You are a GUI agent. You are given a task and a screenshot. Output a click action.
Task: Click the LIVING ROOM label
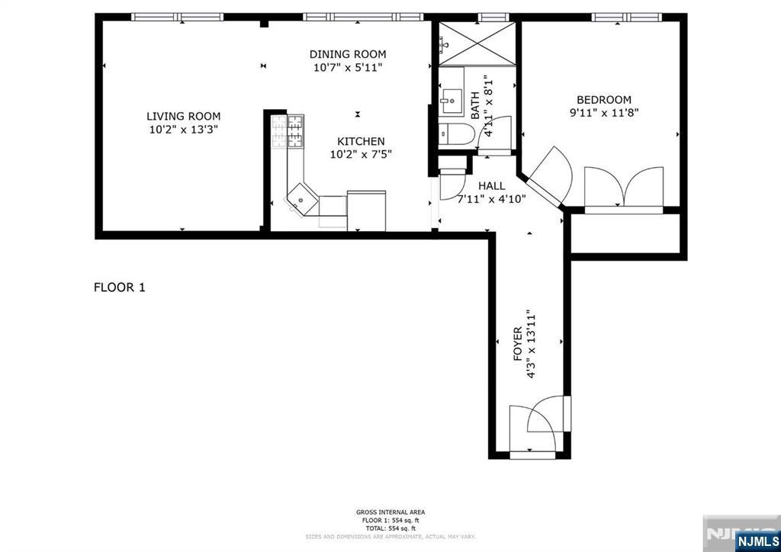183,117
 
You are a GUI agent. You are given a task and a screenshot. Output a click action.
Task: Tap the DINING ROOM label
348,54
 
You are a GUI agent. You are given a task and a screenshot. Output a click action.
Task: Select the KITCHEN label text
361,141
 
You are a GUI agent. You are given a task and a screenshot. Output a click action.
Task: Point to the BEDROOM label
604,100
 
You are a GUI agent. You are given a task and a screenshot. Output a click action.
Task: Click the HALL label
492,186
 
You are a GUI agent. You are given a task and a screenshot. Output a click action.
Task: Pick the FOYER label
518,344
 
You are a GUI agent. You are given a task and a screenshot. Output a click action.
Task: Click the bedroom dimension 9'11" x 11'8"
604,113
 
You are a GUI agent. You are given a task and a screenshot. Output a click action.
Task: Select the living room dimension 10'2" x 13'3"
184,130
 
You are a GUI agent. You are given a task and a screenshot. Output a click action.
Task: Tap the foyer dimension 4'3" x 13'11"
531,343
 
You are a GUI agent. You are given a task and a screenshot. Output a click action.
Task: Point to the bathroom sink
452,101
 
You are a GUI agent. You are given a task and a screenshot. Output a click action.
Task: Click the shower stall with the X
477,43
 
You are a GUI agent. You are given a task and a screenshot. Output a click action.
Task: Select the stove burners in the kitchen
288,131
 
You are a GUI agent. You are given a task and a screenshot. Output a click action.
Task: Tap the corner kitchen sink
302,199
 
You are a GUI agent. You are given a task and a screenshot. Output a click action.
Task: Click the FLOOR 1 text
120,287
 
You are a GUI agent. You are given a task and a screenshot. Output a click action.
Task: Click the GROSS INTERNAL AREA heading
390,512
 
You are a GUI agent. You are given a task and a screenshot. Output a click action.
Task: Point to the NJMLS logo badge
757,541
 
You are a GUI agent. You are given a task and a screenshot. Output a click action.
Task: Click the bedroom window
627,18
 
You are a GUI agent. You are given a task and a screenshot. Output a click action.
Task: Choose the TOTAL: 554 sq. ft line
390,528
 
